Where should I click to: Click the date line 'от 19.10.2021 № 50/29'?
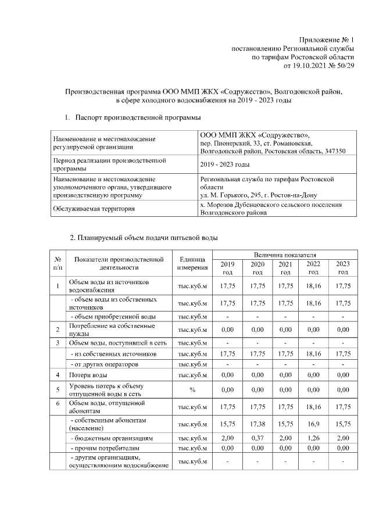318,67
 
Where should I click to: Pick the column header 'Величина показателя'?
285,255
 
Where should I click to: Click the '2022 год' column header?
313,268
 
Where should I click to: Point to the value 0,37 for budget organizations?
256,437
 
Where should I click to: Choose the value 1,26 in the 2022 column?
313,437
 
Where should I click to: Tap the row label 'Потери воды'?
88,375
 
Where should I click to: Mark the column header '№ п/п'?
58,264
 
